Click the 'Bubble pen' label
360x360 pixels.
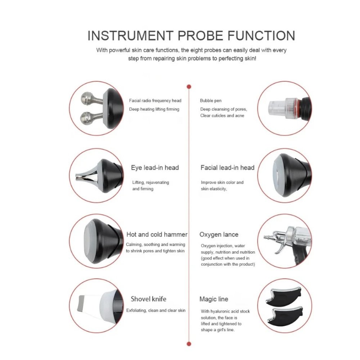211,100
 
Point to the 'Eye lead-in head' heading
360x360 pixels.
155,168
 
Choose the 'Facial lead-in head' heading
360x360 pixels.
227,168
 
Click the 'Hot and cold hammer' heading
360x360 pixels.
157,234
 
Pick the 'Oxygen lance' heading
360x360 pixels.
219,234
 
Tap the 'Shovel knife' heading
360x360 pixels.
148,299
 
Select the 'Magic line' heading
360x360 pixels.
214,299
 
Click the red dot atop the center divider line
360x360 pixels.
189,87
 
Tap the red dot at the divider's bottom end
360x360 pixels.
189,344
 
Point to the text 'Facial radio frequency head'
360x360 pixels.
155,100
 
